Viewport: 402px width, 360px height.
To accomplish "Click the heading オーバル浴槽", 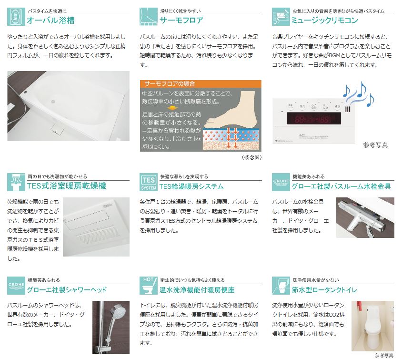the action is click(51, 20).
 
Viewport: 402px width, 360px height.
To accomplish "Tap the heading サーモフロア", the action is click(181, 20).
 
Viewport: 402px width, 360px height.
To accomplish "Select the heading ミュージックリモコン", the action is click(325, 20).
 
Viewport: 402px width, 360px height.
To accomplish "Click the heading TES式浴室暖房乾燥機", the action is click(67, 186).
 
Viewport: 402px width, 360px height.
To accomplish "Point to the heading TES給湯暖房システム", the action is click(191, 186).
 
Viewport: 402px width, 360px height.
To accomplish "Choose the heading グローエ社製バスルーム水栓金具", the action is click(341, 186).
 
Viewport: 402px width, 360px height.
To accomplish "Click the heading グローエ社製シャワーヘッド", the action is click(67, 290).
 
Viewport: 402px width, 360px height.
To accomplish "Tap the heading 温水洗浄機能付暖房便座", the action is click(197, 290).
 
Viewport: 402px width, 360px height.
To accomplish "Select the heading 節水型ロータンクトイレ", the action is click(324, 290).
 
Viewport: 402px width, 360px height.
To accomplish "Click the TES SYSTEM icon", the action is click(149, 182).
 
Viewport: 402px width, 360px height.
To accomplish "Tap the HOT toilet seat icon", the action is click(149, 286).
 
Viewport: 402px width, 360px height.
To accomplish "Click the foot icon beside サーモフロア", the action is click(149, 17).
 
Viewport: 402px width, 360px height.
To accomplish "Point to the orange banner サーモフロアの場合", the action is click(201, 83).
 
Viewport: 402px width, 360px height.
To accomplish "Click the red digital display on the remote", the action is click(314, 119).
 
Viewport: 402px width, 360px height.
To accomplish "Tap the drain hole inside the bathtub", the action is click(53, 101).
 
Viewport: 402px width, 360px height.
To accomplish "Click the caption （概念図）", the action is click(252, 157).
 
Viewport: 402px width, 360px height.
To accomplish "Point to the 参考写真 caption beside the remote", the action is click(375, 145).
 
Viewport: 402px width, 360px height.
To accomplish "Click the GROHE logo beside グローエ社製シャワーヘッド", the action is click(16, 286).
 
